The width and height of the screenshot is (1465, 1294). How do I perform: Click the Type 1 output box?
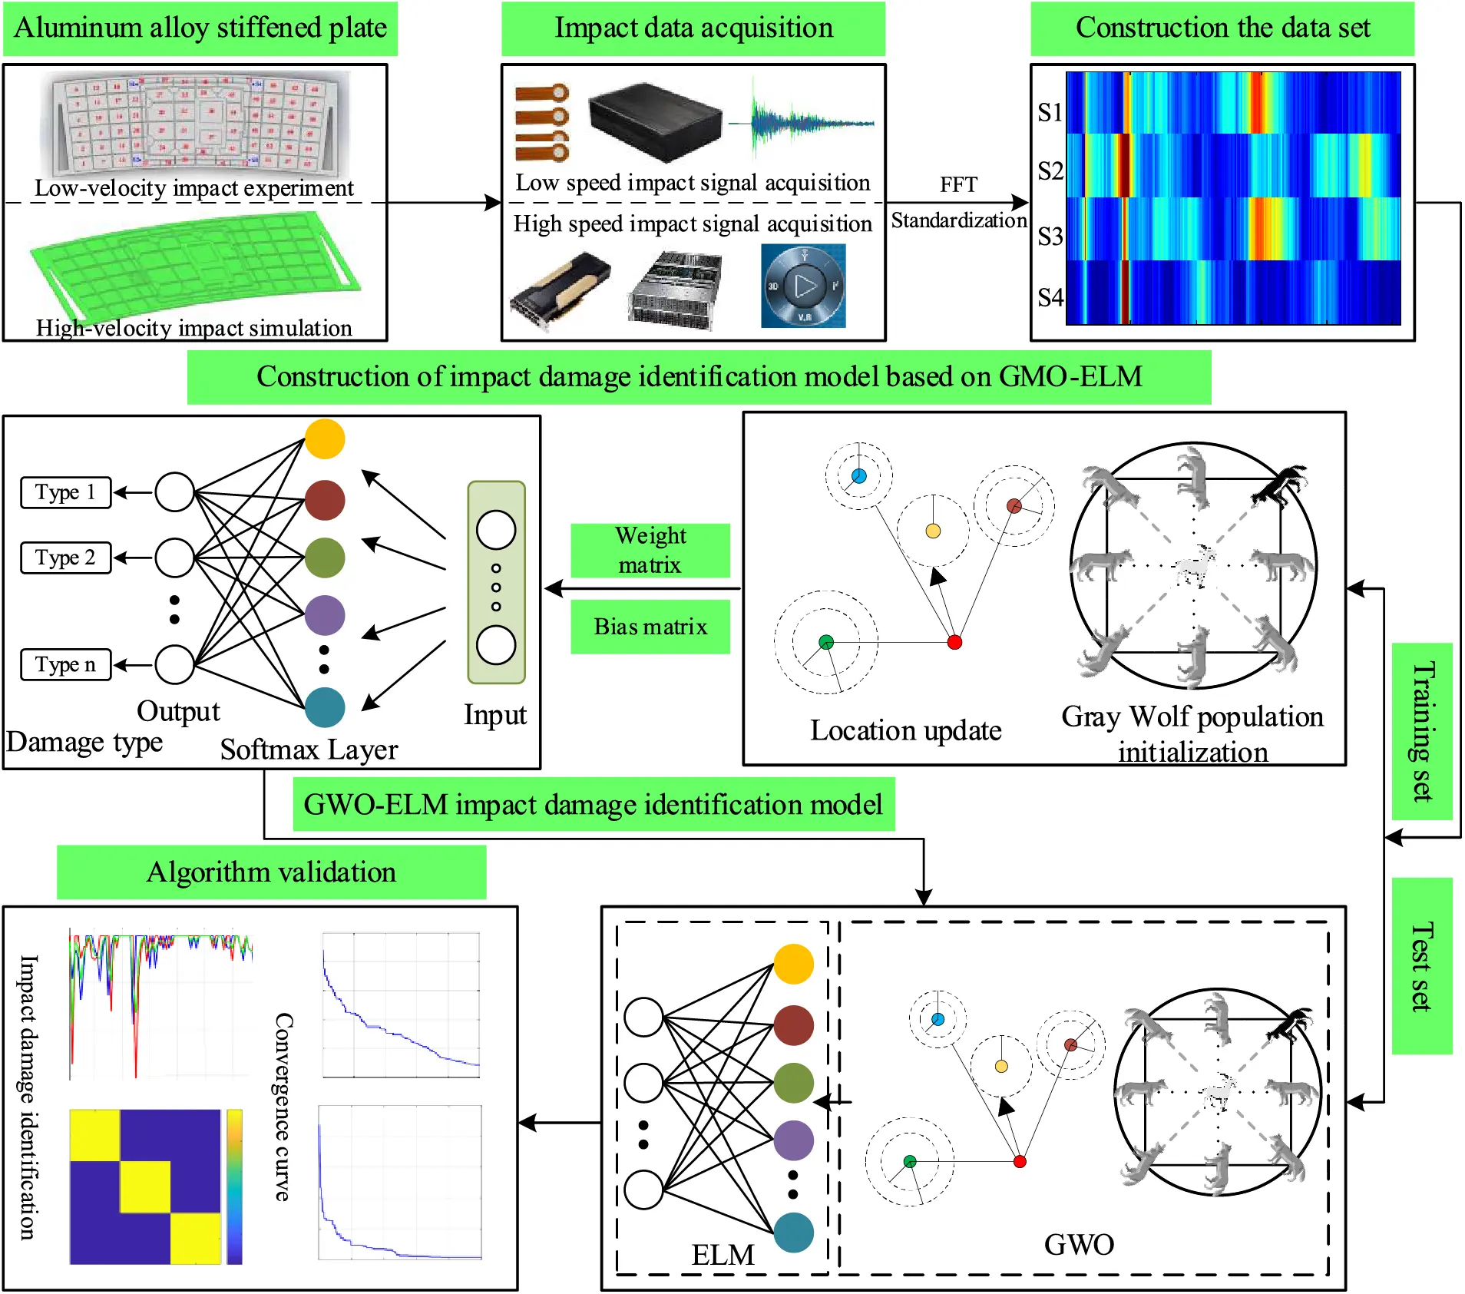point(65,492)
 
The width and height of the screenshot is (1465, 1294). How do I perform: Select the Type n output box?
point(65,664)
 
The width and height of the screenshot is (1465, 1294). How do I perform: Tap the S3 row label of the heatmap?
point(1050,236)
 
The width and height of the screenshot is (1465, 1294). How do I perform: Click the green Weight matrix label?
point(650,550)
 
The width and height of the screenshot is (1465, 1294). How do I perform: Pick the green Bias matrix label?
point(650,627)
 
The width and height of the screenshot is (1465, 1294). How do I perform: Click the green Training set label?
point(1421,731)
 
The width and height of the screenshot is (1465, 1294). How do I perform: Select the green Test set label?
point(1421,965)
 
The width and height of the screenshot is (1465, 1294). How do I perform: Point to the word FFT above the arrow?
point(958,185)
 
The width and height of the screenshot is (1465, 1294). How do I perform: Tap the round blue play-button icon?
point(803,286)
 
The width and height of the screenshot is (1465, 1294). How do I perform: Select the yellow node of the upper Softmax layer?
point(325,439)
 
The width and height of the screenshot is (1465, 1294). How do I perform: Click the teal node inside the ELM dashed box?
point(793,1232)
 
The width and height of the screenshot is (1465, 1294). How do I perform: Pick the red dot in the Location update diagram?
point(954,642)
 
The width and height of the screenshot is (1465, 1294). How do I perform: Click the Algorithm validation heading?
point(271,872)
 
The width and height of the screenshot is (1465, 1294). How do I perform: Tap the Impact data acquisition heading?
point(693,28)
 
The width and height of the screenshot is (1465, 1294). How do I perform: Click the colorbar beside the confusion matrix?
point(234,1186)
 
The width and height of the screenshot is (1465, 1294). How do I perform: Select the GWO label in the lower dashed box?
point(1078,1245)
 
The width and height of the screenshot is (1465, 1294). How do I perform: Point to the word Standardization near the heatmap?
point(958,221)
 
